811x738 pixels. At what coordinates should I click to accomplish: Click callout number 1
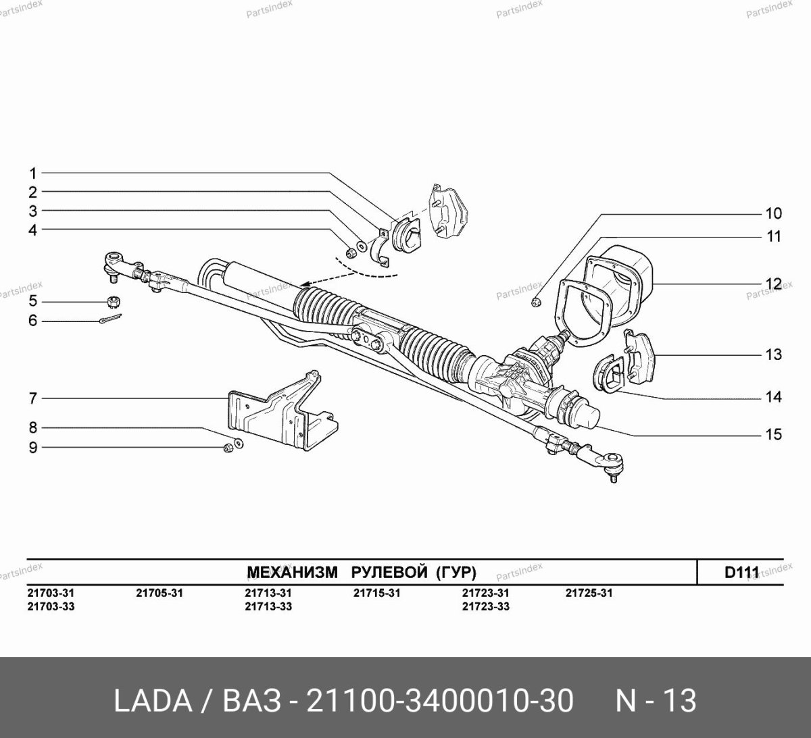pos(32,173)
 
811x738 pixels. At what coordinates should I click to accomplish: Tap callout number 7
pos(32,398)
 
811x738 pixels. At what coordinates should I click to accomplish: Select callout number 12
pos(773,284)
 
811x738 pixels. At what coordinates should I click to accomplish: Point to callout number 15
pos(773,434)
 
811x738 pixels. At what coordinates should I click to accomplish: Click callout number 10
pos(773,213)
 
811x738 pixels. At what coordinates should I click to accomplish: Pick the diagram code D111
pos(741,572)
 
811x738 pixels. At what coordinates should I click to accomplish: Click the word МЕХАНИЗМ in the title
pos(292,573)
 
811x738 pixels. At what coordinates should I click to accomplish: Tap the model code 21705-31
pos(159,593)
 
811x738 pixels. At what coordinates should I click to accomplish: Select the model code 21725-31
pos(589,593)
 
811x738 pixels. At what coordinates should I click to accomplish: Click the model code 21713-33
pos(268,606)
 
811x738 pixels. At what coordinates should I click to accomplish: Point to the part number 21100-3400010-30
pos(441,701)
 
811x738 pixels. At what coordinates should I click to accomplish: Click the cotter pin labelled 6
pos(109,319)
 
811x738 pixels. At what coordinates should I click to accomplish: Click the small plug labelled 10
pos(536,302)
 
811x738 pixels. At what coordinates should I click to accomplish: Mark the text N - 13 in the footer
pos(655,701)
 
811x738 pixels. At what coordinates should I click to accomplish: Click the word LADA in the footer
pos(152,701)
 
